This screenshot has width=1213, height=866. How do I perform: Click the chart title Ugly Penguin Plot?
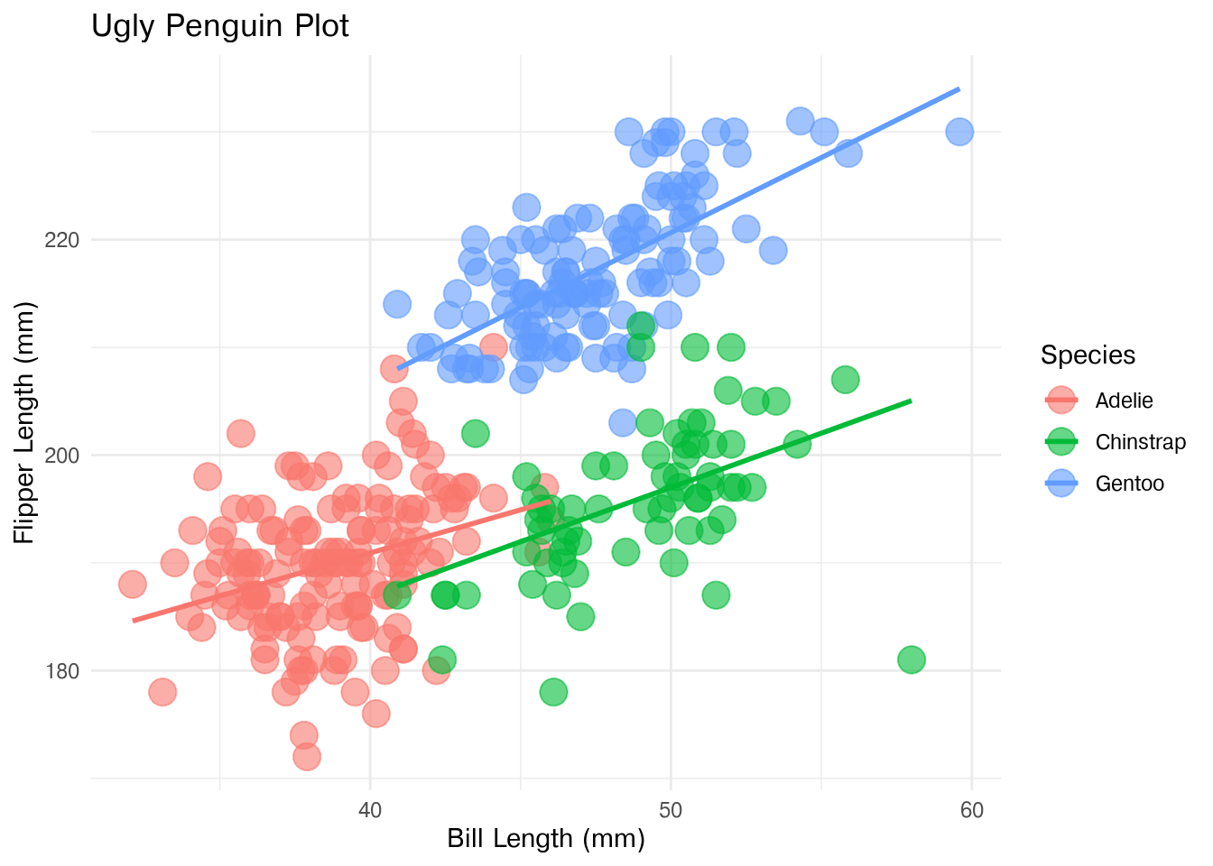coord(220,26)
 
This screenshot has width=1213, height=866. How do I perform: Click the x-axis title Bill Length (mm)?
coord(546,839)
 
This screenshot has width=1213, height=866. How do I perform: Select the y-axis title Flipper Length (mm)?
coord(24,423)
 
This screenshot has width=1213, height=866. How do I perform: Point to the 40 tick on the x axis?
coord(371,810)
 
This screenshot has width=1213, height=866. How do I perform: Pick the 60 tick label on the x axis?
coord(972,810)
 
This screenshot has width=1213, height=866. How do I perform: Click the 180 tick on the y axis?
coord(62,671)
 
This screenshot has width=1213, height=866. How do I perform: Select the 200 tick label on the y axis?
coord(62,456)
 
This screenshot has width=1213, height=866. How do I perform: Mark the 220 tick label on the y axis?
coord(62,241)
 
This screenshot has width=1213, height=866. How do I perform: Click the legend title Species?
coord(1088,355)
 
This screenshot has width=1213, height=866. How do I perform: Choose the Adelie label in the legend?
coord(1124,401)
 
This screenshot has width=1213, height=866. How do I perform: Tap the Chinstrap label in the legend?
coord(1140,442)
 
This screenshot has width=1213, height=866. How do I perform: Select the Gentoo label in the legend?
coord(1129,484)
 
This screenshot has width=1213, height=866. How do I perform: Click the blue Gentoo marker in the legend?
coord(1062,484)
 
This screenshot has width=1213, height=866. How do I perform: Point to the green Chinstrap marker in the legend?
coord(1062,442)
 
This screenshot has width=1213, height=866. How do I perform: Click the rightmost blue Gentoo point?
coord(959,132)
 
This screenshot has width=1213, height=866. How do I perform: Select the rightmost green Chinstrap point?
coord(912,659)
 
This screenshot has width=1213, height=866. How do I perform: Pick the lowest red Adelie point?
coord(307,756)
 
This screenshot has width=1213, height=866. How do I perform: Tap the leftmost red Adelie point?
coord(133,585)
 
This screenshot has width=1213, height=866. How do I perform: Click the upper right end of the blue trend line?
coord(958,89)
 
